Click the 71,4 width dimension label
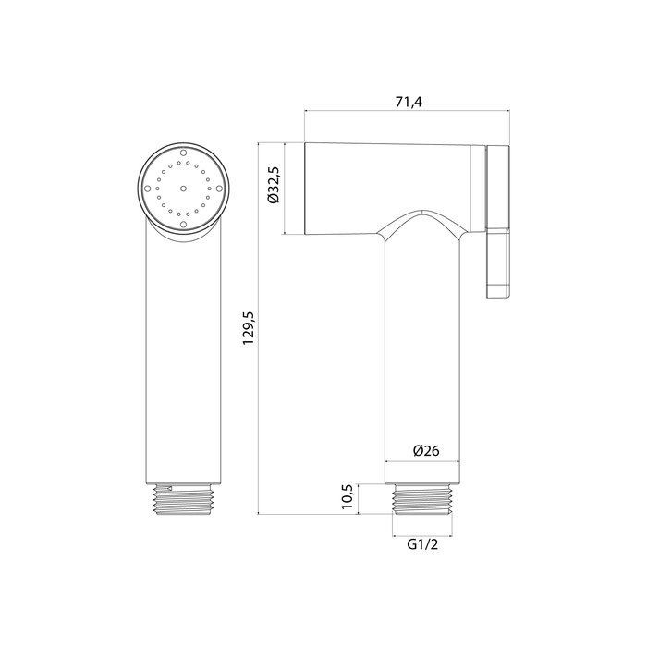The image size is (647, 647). (409, 102)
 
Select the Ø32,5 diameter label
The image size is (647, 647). (274, 185)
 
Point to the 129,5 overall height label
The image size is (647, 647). (250, 329)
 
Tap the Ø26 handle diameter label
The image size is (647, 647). (426, 451)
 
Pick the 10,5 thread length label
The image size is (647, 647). (348, 496)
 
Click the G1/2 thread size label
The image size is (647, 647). (422, 545)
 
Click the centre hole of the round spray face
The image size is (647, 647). (183, 189)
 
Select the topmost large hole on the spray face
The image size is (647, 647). (183, 153)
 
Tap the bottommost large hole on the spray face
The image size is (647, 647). (183, 225)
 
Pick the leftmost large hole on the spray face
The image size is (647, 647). (146, 189)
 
